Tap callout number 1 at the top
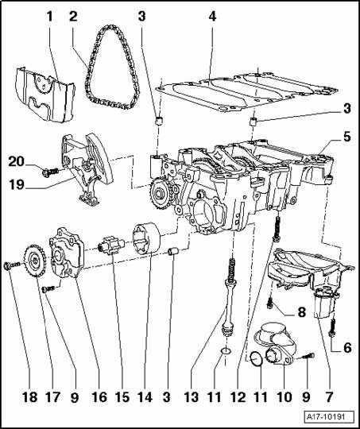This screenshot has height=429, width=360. pos(49,17)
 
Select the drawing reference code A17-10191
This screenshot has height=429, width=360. pos(326,417)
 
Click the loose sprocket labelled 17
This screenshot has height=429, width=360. pos(35,261)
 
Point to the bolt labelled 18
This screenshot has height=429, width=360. pos(11,265)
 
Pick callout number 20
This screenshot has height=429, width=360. pos(16,162)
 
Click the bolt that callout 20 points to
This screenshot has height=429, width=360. pos(50,172)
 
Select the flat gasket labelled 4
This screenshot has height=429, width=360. pos(246,93)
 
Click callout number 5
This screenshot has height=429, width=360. pos(346,137)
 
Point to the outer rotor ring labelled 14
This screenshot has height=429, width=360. pos(147,238)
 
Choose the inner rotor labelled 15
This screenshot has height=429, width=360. pos(112,245)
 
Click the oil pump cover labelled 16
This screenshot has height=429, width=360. pos(67,253)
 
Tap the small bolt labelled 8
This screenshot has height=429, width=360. pos(270,303)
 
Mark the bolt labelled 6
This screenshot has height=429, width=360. pos(332,327)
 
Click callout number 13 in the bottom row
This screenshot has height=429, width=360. pos(191,396)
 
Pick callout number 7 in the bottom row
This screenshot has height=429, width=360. pos(328,396)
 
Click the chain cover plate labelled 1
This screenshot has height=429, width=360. pos(45,95)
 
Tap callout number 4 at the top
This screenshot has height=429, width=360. pos(212,17)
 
